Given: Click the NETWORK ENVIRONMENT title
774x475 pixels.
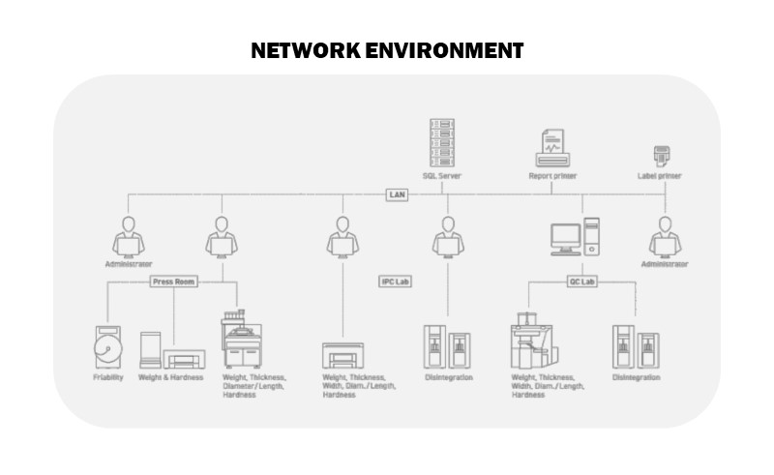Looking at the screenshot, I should [387, 50].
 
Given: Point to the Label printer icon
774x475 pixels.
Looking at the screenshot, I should [662, 156].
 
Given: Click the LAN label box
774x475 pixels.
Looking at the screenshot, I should [397, 194].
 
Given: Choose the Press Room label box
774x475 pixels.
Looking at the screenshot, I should [174, 282].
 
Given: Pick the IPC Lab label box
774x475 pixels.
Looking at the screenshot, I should [395, 282].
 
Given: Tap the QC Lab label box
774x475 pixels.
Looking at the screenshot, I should [580, 282].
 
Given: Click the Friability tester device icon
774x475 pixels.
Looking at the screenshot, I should [108, 347].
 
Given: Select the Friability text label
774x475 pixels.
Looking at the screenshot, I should [108, 377].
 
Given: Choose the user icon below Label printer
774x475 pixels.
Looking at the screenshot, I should [665, 237].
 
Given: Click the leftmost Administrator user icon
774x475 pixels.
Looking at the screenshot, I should [129, 237].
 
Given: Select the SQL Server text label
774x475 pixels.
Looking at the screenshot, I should [442, 177].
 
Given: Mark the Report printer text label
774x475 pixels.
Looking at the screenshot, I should [552, 177].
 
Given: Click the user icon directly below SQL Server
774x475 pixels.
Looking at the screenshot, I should [447, 237].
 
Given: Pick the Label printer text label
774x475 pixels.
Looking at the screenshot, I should [660, 177].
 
